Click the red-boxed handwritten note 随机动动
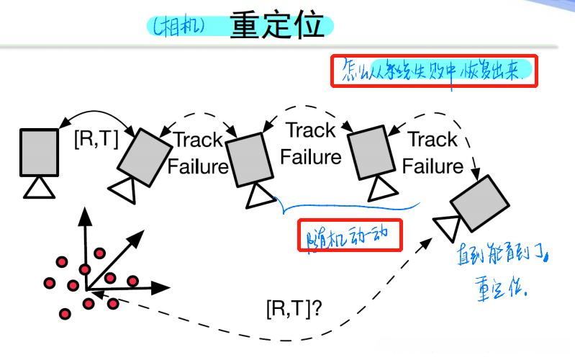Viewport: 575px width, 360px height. click(350, 236)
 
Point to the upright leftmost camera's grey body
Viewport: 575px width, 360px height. click(39, 151)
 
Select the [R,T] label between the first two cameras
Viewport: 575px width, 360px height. click(97, 139)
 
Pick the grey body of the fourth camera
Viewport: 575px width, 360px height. click(371, 153)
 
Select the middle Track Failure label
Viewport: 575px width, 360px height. click(311, 143)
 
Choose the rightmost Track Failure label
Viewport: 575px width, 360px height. click(433, 152)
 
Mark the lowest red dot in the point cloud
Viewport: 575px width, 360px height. click(65, 313)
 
